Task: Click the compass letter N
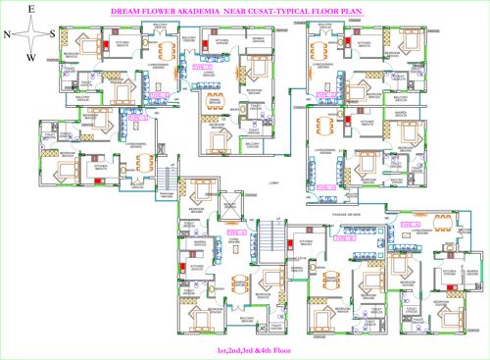click(x=7, y=32)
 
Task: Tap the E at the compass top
click(x=31, y=8)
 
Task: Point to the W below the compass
click(x=31, y=57)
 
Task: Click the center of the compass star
click(x=31, y=32)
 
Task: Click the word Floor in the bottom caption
click(x=271, y=350)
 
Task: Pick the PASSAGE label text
click(x=336, y=214)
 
